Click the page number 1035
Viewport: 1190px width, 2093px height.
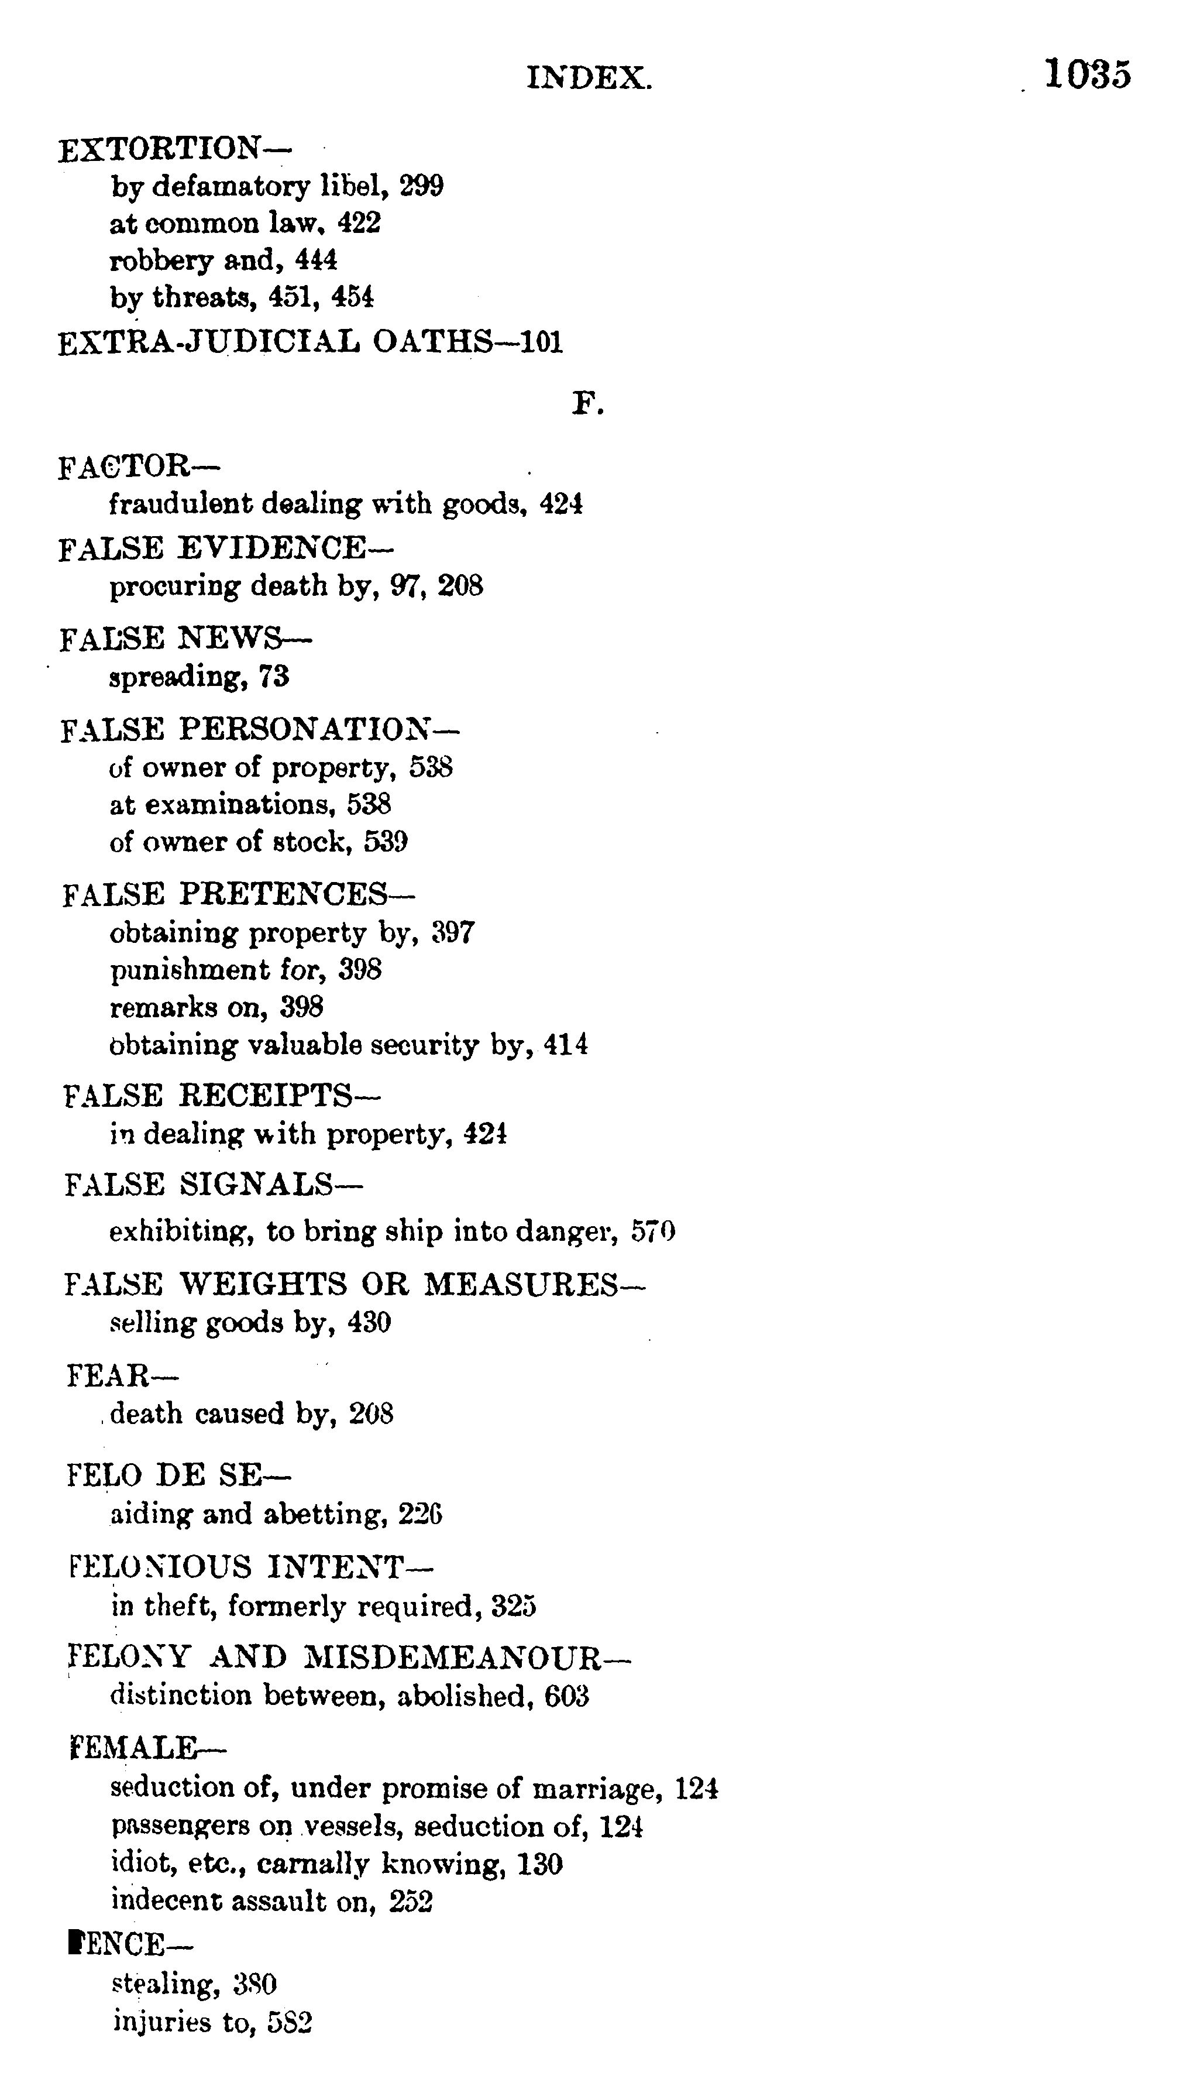click(x=1087, y=74)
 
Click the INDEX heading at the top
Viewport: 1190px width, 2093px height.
click(x=589, y=78)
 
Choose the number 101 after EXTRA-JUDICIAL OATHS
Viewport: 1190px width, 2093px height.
click(x=541, y=342)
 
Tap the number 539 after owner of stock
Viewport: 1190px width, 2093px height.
click(x=386, y=842)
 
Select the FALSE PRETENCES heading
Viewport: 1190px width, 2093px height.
click(x=238, y=894)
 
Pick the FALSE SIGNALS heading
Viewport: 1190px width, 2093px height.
click(x=212, y=1185)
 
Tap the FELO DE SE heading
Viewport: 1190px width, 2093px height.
click(x=177, y=1476)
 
